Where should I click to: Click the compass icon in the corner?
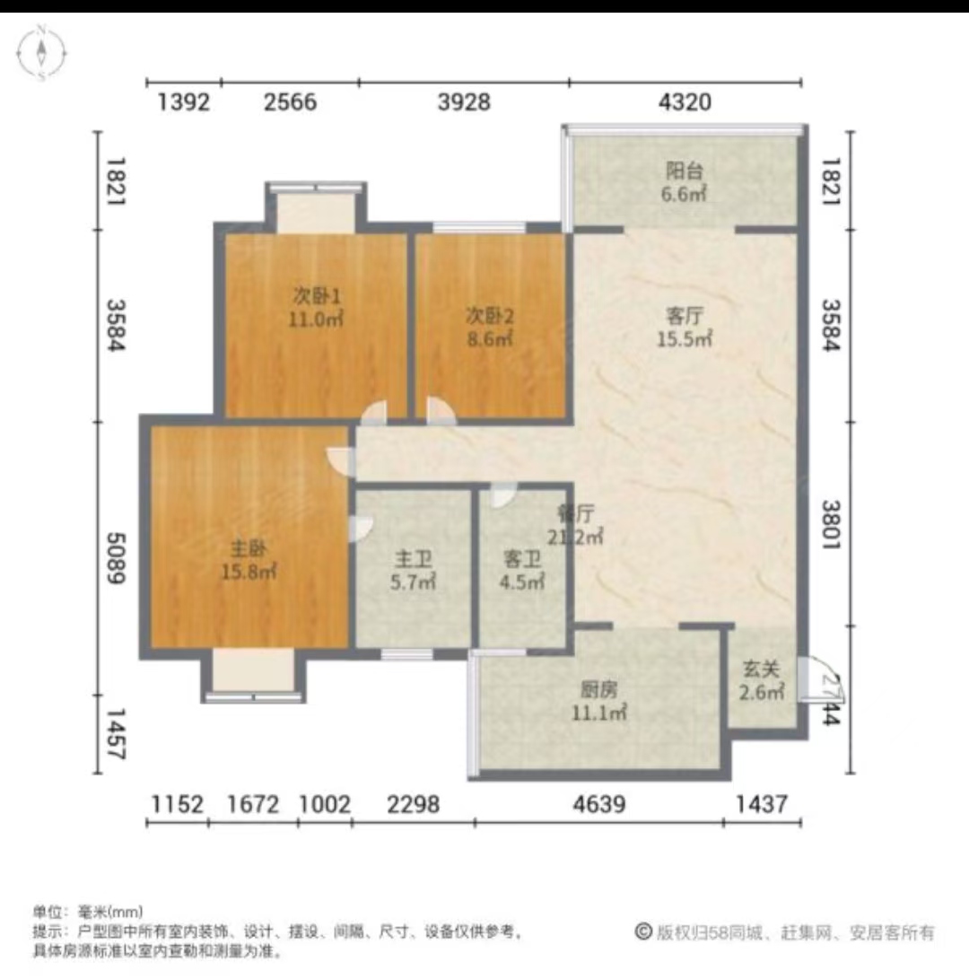click(41, 53)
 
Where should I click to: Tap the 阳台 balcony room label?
click(685, 171)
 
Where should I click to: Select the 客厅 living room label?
click(685, 316)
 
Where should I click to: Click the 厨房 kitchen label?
click(597, 690)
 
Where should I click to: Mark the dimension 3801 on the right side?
click(834, 544)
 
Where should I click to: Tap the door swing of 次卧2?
click(441, 410)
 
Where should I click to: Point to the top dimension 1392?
click(183, 102)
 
